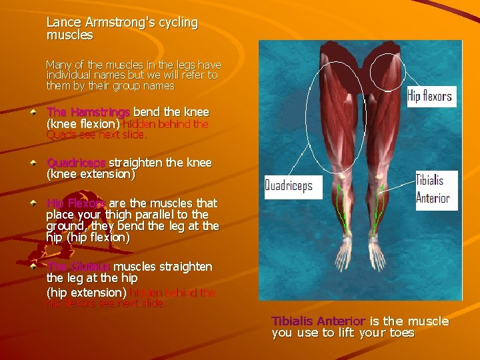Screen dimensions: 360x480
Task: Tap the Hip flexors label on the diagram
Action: click(429, 96)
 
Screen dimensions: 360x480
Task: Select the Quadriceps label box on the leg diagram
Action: click(289, 185)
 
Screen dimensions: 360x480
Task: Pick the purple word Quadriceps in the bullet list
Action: click(75, 163)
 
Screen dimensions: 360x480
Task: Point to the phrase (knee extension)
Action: click(90, 175)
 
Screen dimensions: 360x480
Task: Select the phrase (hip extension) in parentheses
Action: click(86, 293)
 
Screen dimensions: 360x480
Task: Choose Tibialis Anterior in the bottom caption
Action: click(318, 321)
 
